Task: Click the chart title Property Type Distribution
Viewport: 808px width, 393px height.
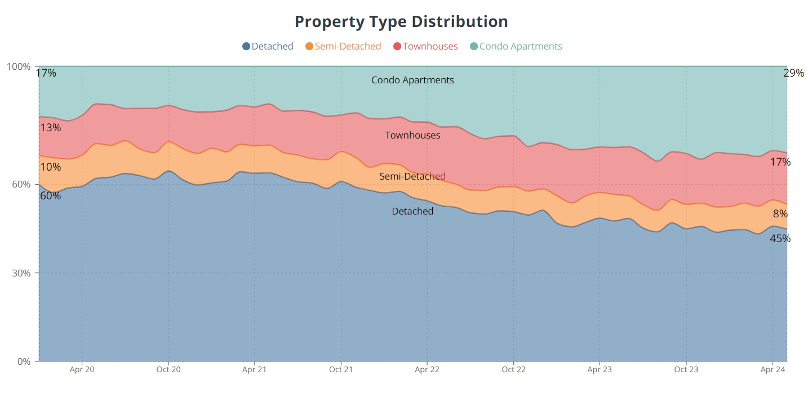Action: [x=401, y=22]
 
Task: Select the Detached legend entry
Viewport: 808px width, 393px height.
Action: [x=268, y=46]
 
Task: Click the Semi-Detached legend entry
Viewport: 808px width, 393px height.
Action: [x=343, y=46]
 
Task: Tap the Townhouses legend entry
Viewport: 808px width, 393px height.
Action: [x=425, y=46]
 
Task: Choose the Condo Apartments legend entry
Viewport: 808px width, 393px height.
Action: [x=516, y=46]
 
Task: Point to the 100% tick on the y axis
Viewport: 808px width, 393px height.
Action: [x=19, y=66]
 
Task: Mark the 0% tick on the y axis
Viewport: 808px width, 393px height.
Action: [x=23, y=361]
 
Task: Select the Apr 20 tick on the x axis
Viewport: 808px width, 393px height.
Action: [x=82, y=370]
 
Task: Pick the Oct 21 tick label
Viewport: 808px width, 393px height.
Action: [x=341, y=370]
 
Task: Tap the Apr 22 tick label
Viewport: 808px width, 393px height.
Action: [x=427, y=370]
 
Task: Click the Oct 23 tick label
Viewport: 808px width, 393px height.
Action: [x=686, y=370]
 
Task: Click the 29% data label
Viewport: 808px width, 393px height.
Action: [x=793, y=73]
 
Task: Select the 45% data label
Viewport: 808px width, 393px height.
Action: [x=780, y=239]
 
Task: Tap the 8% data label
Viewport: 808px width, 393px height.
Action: [x=780, y=214]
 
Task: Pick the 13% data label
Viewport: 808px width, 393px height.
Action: [x=51, y=128]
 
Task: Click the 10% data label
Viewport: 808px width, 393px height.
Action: [x=51, y=167]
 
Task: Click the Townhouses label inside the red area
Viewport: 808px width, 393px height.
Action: [x=412, y=135]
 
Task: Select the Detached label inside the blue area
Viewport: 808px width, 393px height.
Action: [x=412, y=211]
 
